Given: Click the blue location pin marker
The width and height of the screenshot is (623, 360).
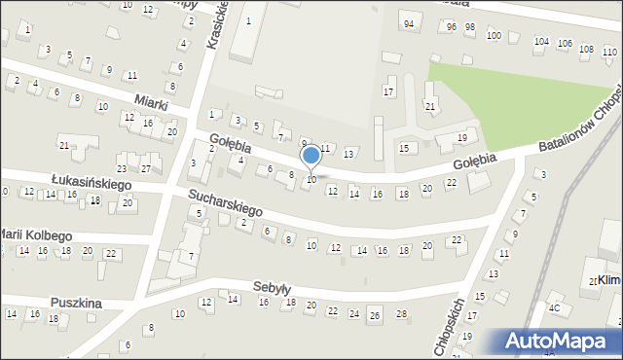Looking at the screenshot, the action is pos(311,156).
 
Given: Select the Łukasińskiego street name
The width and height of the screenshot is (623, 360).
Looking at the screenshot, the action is pos(91,183).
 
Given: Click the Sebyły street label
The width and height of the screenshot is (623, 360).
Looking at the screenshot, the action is pos(272,288).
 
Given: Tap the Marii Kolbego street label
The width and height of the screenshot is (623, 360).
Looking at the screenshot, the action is pos(37,235).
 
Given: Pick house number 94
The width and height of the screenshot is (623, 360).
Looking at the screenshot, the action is pos(408,24).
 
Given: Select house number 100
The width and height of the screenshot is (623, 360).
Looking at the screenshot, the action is pos(494,36).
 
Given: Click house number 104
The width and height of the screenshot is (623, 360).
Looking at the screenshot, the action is pos(541,42).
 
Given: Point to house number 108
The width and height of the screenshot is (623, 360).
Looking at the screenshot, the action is pos(585,49).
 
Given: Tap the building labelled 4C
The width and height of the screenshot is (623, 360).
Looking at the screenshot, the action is pos(555,308).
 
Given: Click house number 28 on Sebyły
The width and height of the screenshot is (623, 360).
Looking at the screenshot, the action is pos(401,313).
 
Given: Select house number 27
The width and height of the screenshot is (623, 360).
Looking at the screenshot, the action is pos(145,168).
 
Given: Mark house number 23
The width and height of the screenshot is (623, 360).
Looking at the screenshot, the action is pos(122,156).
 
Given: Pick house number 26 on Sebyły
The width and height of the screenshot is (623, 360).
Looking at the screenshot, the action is pos(375,315).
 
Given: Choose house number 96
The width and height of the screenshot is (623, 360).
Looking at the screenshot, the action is pos(451,27).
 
